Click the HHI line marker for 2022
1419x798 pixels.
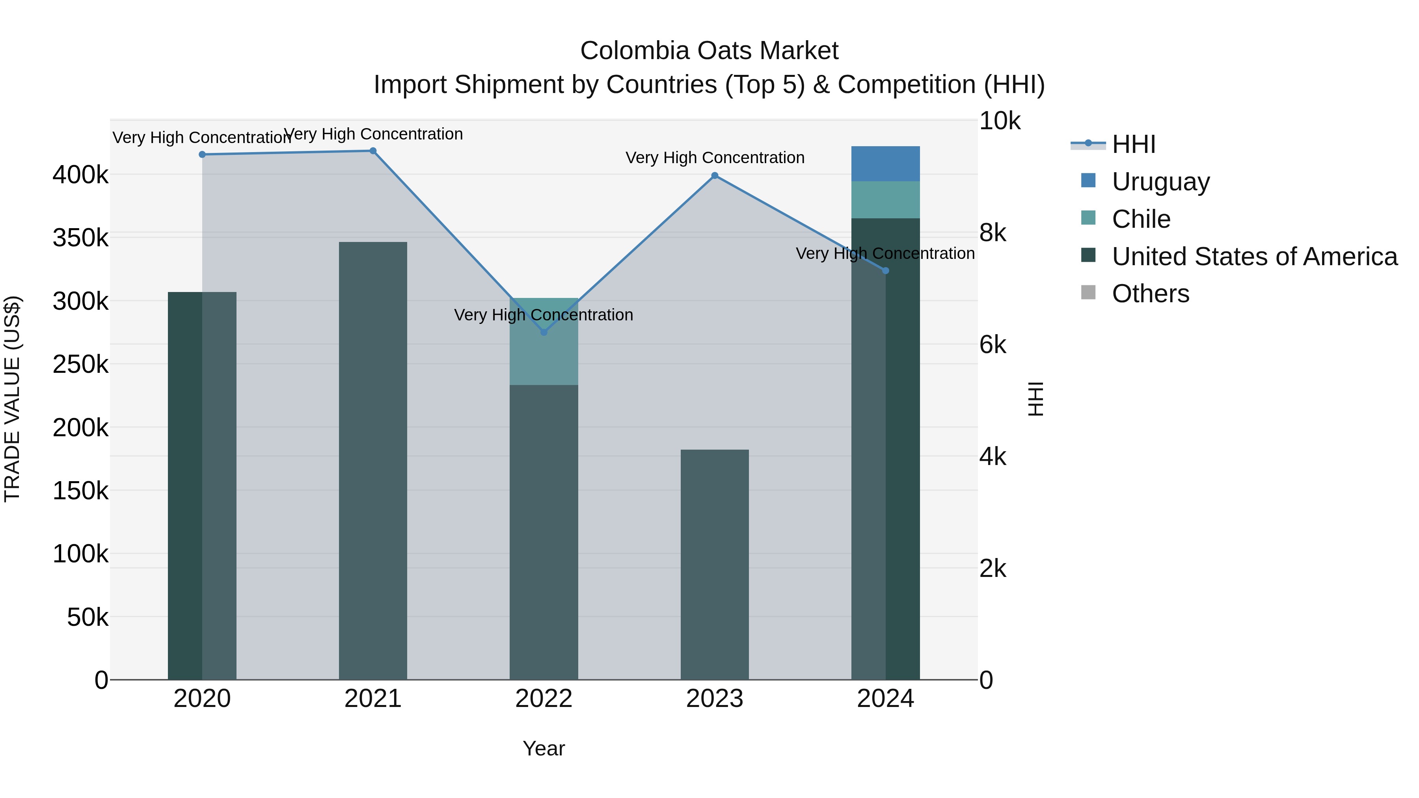(x=544, y=332)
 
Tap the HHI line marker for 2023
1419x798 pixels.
(x=715, y=176)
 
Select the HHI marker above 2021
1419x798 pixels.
(x=373, y=151)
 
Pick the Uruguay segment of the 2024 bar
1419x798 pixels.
(x=885, y=164)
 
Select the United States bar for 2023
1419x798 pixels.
(x=715, y=564)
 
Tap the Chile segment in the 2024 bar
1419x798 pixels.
(x=885, y=200)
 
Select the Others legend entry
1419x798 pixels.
(x=1150, y=294)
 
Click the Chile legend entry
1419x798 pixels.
(x=1140, y=219)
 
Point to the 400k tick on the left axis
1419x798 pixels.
(x=80, y=175)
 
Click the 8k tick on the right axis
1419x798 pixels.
(x=992, y=233)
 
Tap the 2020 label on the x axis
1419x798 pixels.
(x=202, y=699)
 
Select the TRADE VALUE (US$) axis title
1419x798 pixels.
(x=12, y=399)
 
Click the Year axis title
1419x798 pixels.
(x=544, y=748)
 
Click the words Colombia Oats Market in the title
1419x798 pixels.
(x=709, y=51)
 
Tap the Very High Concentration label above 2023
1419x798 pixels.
(x=715, y=158)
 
